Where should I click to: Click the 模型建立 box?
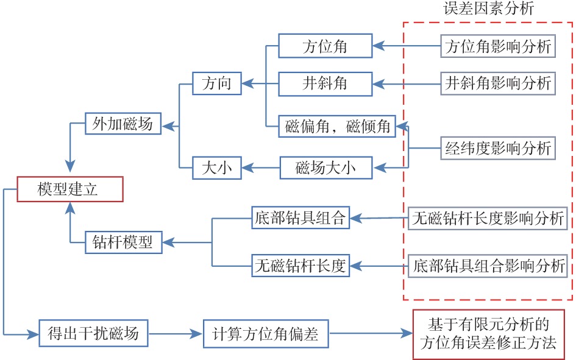pyautogui.click(x=71, y=189)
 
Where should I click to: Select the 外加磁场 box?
pyautogui.click(x=123, y=124)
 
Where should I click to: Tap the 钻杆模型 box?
pyautogui.click(x=123, y=242)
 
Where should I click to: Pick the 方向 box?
pyautogui.click(x=216, y=83)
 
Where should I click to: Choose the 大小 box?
pyautogui.click(x=216, y=167)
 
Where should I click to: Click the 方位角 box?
pyautogui.click(x=325, y=46)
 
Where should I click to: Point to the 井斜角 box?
pyautogui.click(x=325, y=83)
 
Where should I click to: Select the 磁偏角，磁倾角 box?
pyautogui.click(x=336, y=127)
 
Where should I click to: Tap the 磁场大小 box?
pyautogui.click(x=325, y=167)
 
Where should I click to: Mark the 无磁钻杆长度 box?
pyautogui.click(x=300, y=266)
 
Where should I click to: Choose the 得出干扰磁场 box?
pyautogui.click(x=93, y=333)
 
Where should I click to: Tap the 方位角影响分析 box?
pyautogui.click(x=498, y=46)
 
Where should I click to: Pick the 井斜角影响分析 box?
pyautogui.click(x=498, y=82)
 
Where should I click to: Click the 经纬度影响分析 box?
pyautogui.click(x=498, y=148)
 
